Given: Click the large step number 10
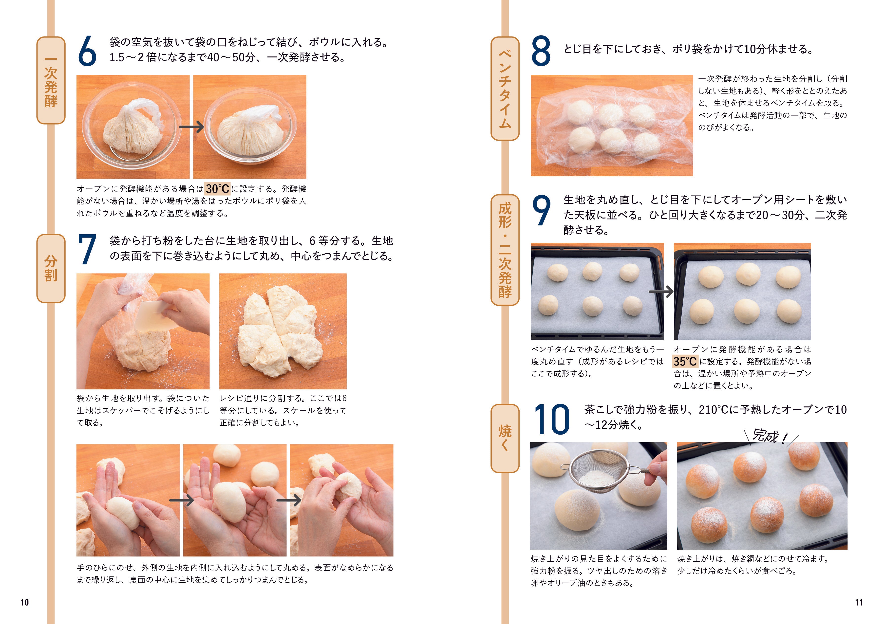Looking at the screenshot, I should click(x=551, y=420).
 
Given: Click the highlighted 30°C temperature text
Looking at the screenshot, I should click(x=217, y=189).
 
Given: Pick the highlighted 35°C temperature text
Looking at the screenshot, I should click(x=685, y=361).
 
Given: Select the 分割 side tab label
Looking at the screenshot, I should click(x=51, y=268).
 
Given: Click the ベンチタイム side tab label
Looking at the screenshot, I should click(x=505, y=89).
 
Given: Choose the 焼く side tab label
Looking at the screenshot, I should click(x=505, y=438).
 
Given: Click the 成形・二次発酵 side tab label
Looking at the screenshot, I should click(x=505, y=250).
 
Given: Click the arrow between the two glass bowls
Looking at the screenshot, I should click(x=191, y=127).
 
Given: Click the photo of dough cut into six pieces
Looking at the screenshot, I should click(x=282, y=331).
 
